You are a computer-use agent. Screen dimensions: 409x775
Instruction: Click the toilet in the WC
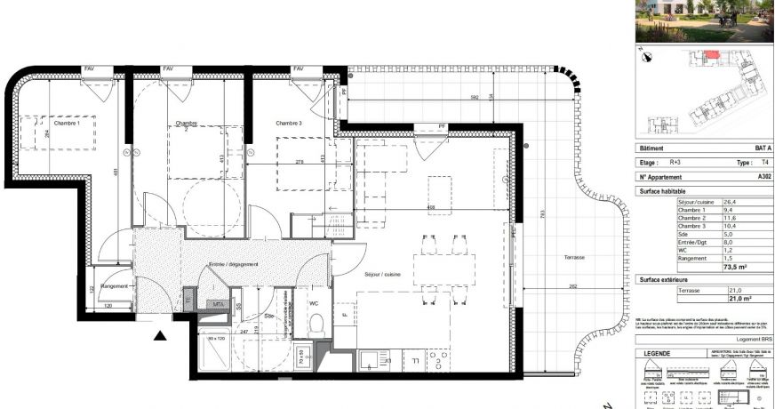(314, 326)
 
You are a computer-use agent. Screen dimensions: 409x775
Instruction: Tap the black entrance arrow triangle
(161, 335)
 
